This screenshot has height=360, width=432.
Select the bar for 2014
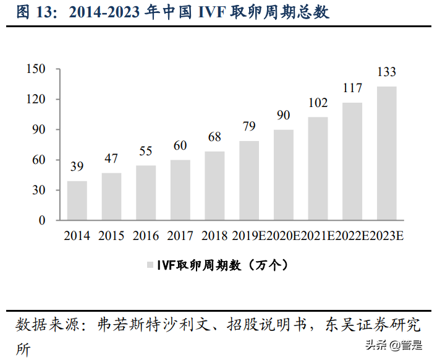coord(77,200)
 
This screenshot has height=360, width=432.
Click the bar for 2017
coord(180,190)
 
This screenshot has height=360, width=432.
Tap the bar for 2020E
coord(284,175)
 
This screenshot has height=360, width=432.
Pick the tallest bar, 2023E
coord(387,153)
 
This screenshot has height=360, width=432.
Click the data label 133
coord(387,73)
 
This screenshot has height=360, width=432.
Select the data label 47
coord(112,159)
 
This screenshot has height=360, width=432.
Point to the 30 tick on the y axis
coord(40,191)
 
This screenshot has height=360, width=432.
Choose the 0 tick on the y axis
coord(43,220)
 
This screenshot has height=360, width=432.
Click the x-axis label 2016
coord(146,236)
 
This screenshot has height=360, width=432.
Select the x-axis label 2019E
coord(249,236)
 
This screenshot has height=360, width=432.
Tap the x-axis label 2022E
coord(352,236)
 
